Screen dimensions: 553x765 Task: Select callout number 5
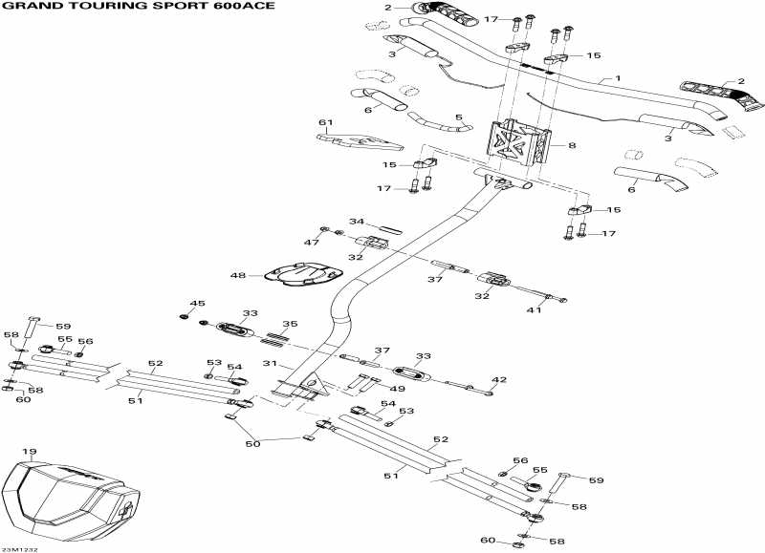[x=457, y=117]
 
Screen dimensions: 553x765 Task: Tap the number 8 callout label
[x=572, y=145]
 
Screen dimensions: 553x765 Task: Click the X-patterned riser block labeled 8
[x=522, y=144]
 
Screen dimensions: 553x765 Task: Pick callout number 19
[x=30, y=452]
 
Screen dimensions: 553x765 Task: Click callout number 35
[x=290, y=324]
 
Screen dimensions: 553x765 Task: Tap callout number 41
[x=535, y=310]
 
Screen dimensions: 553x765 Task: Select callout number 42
[x=498, y=379]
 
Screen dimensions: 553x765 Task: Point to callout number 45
[x=197, y=304]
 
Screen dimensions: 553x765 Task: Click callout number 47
[x=312, y=244]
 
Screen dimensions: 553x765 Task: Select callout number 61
[x=325, y=122]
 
